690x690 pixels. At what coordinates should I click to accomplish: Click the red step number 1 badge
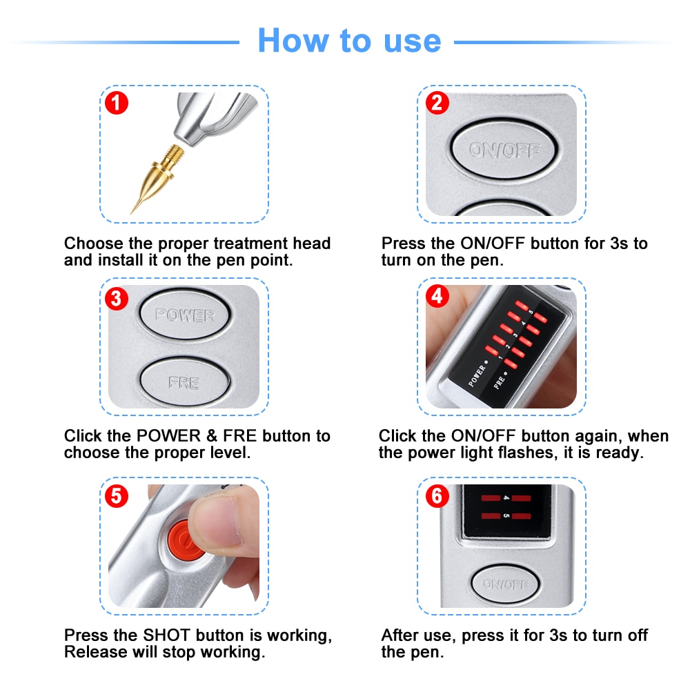(x=116, y=103)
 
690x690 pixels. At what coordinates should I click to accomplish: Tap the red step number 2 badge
(x=437, y=103)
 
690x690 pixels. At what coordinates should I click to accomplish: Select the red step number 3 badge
(x=116, y=299)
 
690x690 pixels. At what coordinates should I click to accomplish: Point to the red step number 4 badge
(x=437, y=296)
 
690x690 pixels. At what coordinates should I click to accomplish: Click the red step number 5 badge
(x=116, y=496)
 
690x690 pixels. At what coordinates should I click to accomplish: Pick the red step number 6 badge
(x=437, y=496)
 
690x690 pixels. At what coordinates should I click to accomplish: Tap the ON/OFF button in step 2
(x=505, y=149)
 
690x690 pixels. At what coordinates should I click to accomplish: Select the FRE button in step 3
(x=184, y=382)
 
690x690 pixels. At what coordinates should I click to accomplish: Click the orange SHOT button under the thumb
(x=183, y=540)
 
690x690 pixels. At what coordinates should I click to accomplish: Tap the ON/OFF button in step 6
(x=505, y=584)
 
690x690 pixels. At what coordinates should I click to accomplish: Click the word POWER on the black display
(x=478, y=373)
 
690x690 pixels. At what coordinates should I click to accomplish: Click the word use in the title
(x=412, y=41)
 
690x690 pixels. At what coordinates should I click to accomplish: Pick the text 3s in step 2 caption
(x=619, y=244)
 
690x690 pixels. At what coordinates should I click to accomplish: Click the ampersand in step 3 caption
(x=212, y=436)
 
